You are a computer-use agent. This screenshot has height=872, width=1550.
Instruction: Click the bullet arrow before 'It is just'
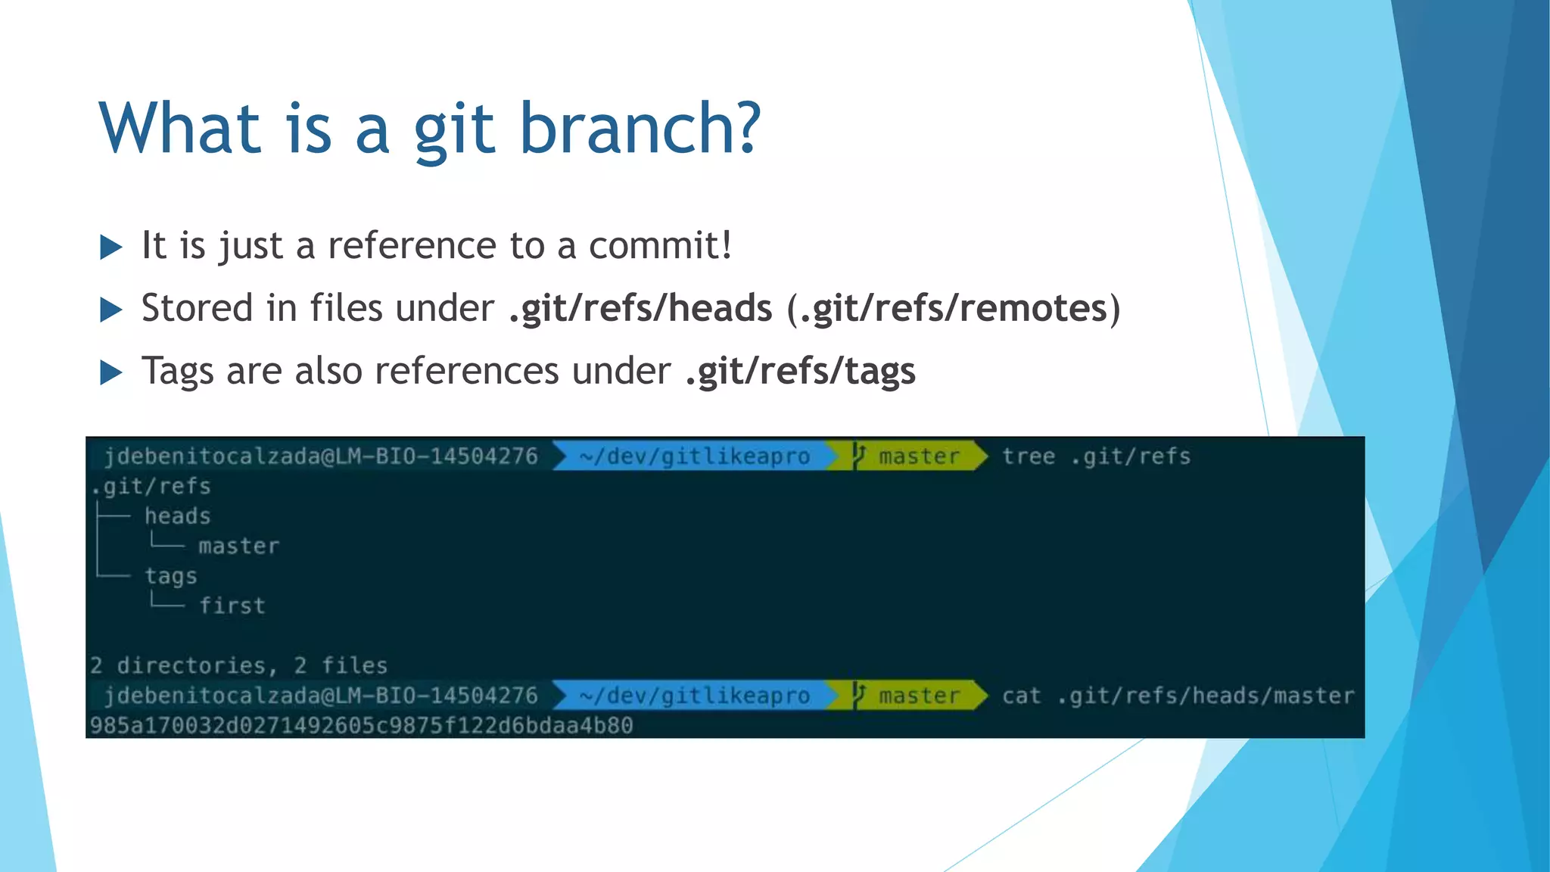111,247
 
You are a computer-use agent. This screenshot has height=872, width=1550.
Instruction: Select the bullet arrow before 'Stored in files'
111,310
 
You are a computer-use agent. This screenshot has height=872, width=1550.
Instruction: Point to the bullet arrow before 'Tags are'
111,372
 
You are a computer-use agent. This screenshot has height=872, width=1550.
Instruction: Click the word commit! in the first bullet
660,246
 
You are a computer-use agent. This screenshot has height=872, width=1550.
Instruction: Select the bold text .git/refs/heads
640,309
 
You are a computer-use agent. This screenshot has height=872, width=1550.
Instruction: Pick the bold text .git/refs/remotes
954,309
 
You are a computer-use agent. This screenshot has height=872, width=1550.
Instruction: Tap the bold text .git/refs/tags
800,372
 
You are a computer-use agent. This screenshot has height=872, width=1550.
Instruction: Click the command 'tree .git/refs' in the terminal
1096,456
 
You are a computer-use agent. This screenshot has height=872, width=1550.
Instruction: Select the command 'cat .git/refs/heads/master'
1178,696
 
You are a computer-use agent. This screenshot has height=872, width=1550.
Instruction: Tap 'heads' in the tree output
178,516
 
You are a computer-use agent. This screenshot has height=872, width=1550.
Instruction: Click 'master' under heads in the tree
239,546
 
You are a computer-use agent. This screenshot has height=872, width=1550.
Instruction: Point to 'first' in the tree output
232,606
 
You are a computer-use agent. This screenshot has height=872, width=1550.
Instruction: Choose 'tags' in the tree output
171,576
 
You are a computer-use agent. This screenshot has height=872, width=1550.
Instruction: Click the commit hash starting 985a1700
361,725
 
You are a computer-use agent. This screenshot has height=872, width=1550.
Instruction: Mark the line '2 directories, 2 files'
238,665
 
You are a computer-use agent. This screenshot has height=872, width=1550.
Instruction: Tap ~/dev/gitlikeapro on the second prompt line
694,696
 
